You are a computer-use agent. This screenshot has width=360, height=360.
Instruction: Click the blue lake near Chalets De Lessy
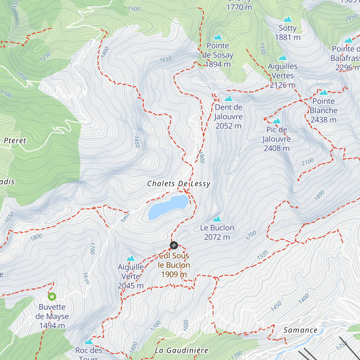coord(168,207)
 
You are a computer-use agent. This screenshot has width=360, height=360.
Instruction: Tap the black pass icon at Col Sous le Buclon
coord(174,245)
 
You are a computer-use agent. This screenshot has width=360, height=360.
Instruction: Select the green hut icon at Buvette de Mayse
coord(52,297)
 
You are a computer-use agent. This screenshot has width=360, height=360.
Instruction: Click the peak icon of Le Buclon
coord(217,219)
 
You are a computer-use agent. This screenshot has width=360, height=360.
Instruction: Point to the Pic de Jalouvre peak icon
coord(277,121)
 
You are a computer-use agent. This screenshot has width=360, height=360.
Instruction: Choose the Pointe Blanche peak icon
coord(323,92)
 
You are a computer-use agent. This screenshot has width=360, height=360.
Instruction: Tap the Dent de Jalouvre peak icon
coord(229,98)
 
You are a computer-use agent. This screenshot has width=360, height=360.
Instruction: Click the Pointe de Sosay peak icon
coord(217,37)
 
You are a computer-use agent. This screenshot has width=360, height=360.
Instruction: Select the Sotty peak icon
coord(288,19)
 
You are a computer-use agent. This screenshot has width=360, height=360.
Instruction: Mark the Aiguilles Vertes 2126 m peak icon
coord(283,58)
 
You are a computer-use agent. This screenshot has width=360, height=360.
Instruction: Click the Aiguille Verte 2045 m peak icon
coord(130,258)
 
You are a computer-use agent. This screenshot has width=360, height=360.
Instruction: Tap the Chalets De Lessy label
coord(179,184)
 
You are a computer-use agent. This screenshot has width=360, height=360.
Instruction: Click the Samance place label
coord(300,330)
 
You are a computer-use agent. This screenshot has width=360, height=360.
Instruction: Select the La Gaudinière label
coord(181,350)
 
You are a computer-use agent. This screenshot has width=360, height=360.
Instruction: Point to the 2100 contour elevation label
coord(308,162)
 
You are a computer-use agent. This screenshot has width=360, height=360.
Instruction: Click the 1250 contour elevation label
coord(45,56)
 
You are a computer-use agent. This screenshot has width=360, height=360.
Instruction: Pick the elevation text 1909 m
coord(174,274)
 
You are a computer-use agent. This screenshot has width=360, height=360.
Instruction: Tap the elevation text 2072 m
coord(217,237)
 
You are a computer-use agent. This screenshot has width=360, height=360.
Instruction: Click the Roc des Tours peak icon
coord(88,342)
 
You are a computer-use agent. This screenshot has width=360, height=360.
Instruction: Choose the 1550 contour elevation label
coord(262,255)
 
